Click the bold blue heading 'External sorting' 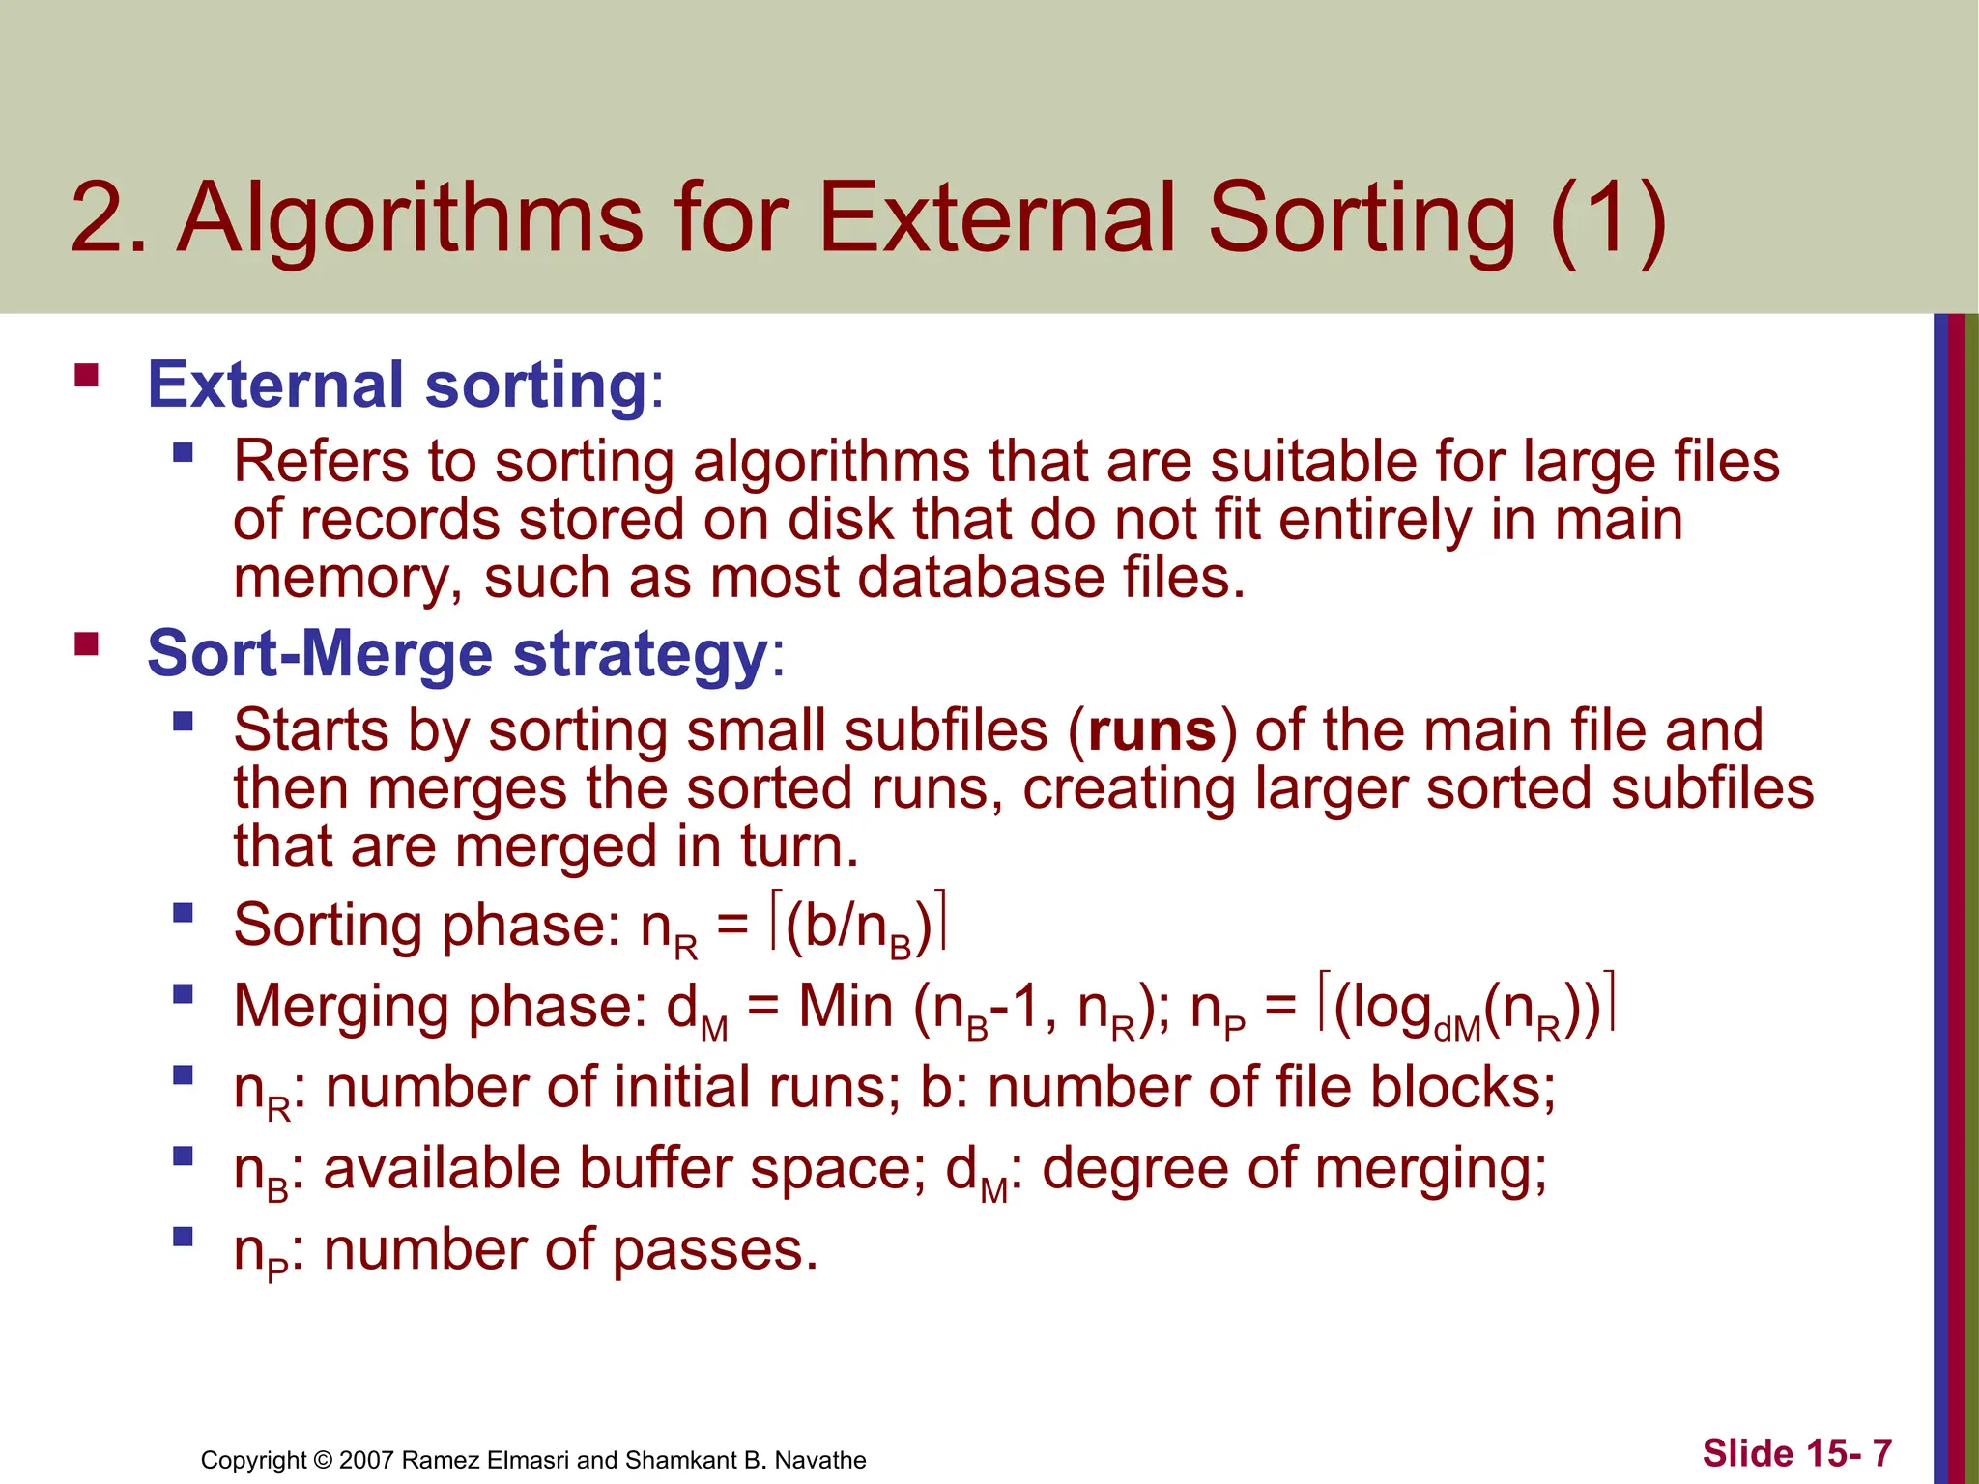[396, 385]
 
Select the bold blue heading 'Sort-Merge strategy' [457, 654]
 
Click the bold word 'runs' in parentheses [1152, 730]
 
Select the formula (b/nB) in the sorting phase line [858, 927]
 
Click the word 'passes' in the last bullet [714, 1250]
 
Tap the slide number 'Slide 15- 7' [1796, 1453]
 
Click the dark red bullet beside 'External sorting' [87, 375]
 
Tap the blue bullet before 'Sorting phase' [183, 913]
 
